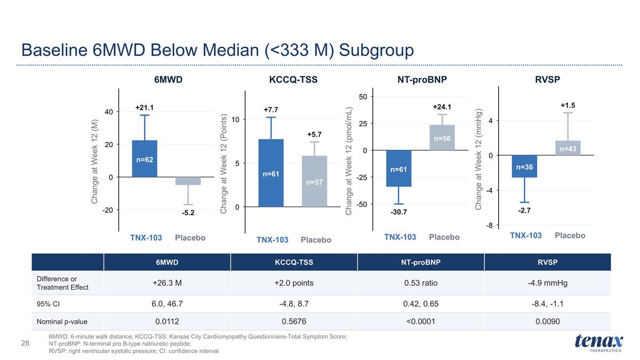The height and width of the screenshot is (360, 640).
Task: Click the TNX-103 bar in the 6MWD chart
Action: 145,158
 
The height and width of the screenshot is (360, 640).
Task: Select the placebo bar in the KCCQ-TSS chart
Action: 314,181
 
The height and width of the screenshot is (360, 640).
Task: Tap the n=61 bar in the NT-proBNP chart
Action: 398,169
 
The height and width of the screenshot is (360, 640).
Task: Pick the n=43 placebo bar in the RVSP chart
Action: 567,148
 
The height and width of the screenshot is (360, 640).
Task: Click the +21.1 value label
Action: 145,107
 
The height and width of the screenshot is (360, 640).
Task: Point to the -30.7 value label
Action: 398,212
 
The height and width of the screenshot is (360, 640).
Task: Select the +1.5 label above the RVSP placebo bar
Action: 567,105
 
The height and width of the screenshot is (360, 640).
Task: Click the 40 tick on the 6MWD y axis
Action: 109,111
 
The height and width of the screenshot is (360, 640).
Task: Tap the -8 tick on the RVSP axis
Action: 490,226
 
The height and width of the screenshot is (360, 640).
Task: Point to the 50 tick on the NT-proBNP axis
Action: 363,97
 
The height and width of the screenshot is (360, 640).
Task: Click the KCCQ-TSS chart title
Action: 293,79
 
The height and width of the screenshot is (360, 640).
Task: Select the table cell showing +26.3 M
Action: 167,283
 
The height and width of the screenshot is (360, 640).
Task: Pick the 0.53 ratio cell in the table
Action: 421,283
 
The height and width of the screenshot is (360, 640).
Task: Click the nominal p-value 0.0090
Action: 547,322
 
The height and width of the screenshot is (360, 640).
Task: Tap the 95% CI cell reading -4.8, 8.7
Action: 294,303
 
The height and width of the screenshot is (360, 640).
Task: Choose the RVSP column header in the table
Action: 547,262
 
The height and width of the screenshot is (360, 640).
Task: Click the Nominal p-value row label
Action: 62,322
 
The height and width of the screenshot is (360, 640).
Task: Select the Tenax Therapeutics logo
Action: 599,343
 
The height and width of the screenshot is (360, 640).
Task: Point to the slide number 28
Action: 25,343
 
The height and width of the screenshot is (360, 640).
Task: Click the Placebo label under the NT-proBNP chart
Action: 444,237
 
